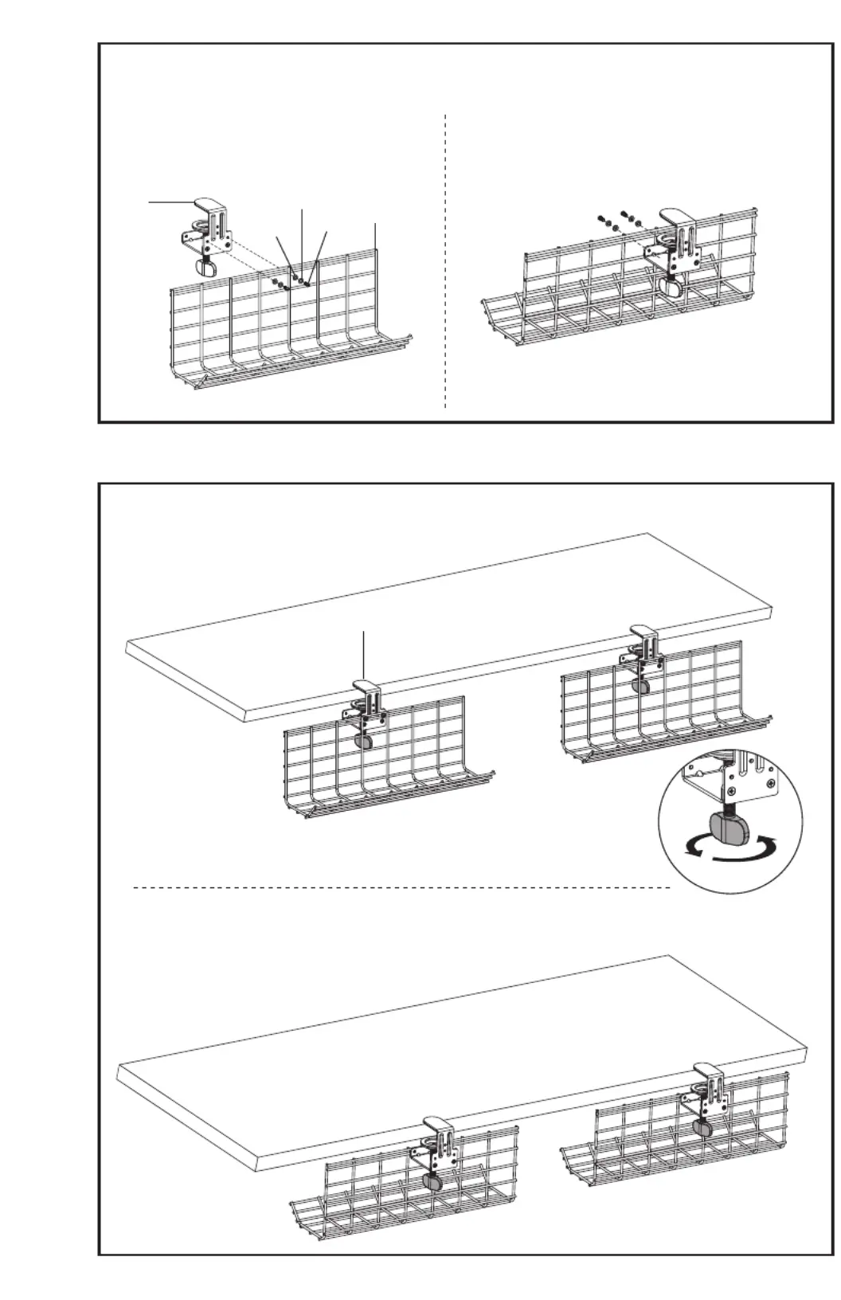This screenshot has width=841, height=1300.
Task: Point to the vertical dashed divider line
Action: coord(445,263)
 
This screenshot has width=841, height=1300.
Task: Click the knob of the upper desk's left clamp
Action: coord(363,741)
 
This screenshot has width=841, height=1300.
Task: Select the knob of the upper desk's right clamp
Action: coord(639,684)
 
